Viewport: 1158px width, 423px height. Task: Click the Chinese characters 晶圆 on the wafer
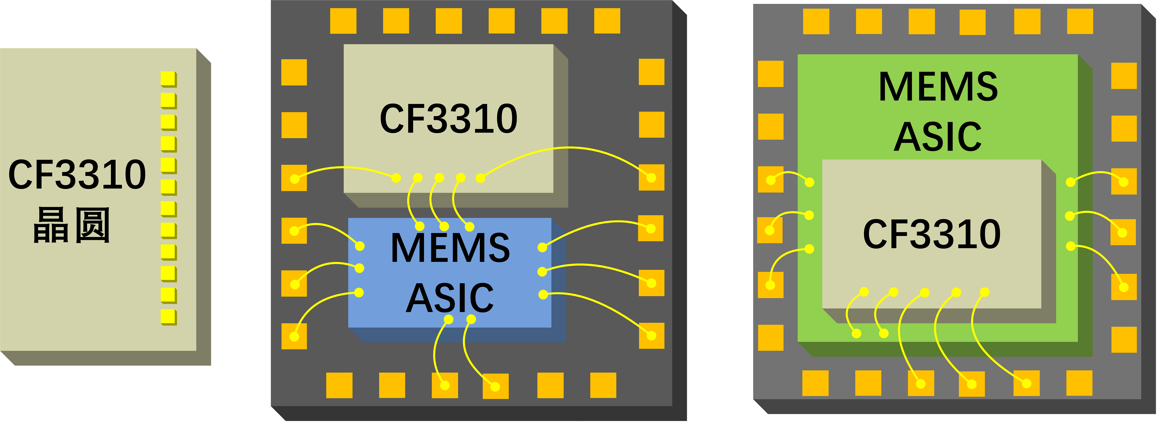point(72,225)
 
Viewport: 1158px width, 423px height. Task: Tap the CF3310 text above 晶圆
point(77,175)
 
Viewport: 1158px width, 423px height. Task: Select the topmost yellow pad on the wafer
point(168,79)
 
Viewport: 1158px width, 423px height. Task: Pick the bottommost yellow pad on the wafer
point(168,316)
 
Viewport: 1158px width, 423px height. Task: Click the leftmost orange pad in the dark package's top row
point(343,21)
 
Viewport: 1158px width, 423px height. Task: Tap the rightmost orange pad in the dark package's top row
point(607,21)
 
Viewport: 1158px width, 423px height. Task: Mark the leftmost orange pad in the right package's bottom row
point(815,383)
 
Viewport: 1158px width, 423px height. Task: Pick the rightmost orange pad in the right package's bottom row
point(1079,383)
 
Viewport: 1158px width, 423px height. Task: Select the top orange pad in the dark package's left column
point(294,72)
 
